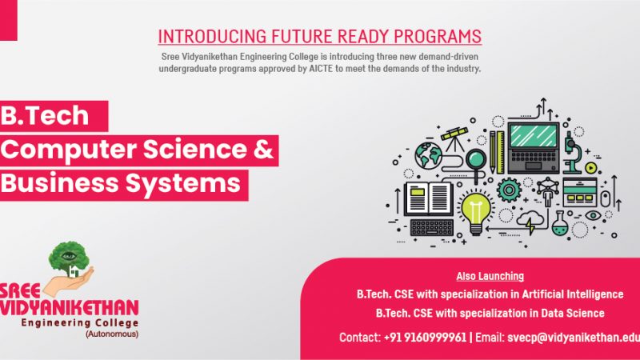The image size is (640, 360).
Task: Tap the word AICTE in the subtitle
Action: [321, 69]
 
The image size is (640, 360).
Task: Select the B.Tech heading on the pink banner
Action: [45, 115]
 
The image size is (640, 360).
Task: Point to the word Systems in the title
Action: [183, 184]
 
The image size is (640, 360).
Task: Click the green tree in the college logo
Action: [69, 258]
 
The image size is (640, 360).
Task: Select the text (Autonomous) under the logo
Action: [112, 334]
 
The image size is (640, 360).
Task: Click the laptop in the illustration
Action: [534, 148]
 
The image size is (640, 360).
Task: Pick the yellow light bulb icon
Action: [475, 213]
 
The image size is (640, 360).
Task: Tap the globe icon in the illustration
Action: [429, 155]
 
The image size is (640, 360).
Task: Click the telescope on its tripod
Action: [454, 138]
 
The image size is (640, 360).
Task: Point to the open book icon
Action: [429, 199]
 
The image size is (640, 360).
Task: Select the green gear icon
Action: [509, 190]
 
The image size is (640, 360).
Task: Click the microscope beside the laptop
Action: [572, 153]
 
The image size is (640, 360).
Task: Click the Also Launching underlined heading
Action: [490, 276]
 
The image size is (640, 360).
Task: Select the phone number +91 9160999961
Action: [425, 338]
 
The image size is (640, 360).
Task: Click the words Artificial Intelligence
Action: [573, 294]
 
